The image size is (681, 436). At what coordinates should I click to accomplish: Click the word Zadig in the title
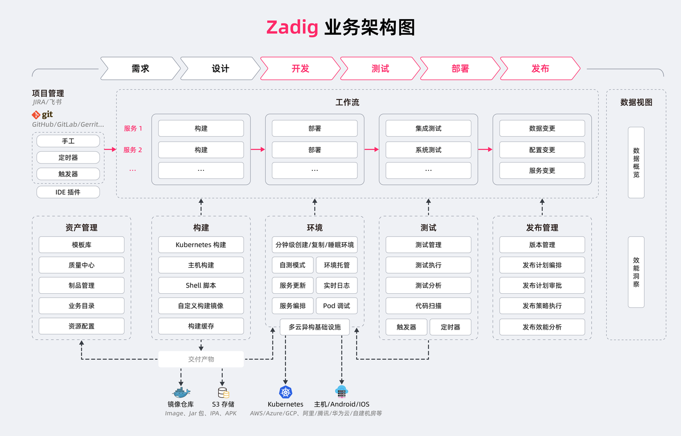[x=292, y=28]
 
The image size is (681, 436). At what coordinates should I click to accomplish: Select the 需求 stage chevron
[x=140, y=68]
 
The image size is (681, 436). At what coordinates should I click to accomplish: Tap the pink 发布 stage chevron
[x=540, y=68]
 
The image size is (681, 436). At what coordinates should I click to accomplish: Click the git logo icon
[x=36, y=114]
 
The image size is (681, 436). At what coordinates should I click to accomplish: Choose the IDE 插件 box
[x=68, y=192]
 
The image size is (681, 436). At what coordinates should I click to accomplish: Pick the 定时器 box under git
[x=68, y=158]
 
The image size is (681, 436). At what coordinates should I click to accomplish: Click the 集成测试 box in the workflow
[x=428, y=128]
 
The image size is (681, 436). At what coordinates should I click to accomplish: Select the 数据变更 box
[x=542, y=128]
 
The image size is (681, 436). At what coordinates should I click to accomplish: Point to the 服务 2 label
[x=133, y=150]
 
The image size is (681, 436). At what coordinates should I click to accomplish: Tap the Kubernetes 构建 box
[x=201, y=245]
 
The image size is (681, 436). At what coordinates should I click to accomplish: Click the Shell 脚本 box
[x=201, y=285]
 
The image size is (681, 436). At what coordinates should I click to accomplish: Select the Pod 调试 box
[x=337, y=306]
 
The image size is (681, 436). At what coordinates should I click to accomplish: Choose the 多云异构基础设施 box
[x=315, y=327]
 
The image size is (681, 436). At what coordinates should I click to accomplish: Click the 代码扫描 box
[x=428, y=306]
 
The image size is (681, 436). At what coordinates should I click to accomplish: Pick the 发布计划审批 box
[x=542, y=285]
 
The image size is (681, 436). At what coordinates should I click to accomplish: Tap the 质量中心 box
[x=81, y=265]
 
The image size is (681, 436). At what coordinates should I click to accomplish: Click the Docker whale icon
[x=180, y=393]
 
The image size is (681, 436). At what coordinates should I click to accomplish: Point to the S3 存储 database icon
[x=223, y=393]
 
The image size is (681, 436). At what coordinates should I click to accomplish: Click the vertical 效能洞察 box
[x=636, y=272]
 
